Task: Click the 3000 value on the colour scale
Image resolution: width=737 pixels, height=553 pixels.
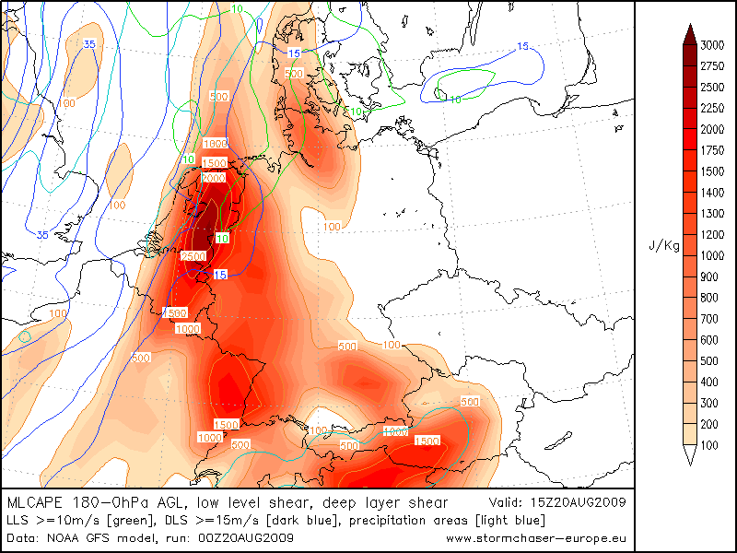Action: coord(711,45)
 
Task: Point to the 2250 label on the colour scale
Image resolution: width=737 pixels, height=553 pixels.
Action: coord(711,109)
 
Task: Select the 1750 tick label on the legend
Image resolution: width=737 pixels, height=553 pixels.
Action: coord(711,151)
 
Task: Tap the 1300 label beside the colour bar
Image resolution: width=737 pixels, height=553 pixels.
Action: coord(711,214)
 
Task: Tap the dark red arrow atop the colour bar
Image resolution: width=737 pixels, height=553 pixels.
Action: coord(689,35)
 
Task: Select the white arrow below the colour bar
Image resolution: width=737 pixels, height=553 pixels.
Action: coord(689,453)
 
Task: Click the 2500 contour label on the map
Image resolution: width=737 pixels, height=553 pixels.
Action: coord(193,255)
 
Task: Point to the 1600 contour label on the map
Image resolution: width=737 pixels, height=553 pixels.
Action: coord(215,144)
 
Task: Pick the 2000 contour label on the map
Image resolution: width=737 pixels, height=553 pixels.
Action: coord(213,178)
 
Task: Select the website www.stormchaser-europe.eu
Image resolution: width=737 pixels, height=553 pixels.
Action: coord(536,537)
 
